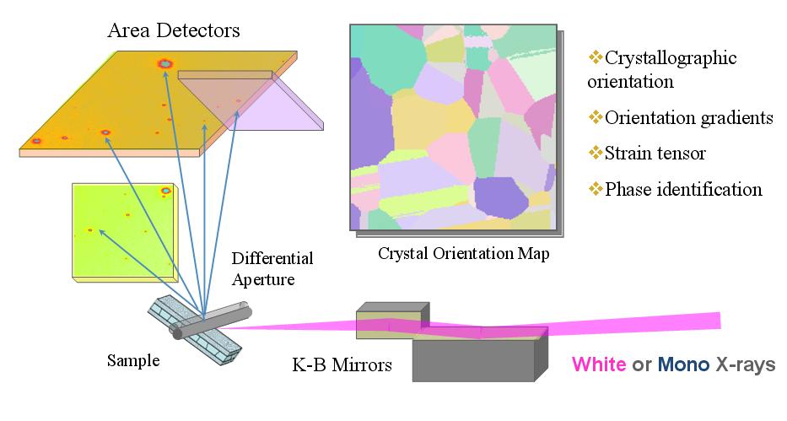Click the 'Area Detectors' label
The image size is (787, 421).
174,31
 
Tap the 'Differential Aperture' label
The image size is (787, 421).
272,267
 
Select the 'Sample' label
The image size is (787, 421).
133,361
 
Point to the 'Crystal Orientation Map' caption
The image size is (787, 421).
463,253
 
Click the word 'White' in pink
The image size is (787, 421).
599,365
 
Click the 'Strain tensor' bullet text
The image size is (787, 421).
655,154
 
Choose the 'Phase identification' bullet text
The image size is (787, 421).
683,189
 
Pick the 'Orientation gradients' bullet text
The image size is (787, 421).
688,118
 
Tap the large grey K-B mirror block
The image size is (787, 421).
474,359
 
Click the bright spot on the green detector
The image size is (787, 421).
165,192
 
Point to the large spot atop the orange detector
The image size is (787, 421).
164,63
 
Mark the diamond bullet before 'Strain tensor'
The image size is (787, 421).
596,153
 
